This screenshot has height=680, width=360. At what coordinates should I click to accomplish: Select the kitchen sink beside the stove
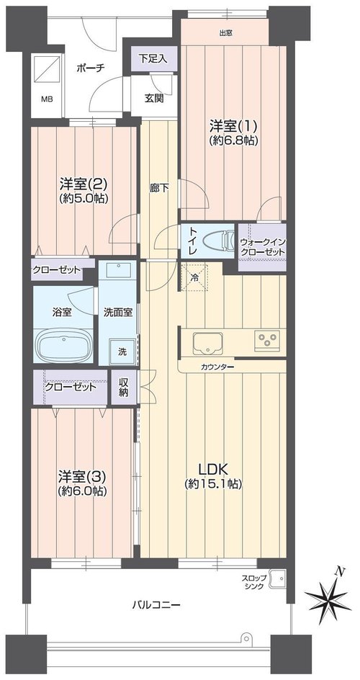tap(208, 343)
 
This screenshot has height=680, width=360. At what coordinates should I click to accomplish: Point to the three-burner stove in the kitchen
tap(267, 339)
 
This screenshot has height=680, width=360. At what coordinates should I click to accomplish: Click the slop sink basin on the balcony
tap(276, 578)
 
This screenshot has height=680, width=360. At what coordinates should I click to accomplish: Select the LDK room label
tap(213, 476)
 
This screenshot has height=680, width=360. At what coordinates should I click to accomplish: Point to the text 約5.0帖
tap(84, 198)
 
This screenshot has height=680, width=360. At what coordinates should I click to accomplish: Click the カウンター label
tap(217, 367)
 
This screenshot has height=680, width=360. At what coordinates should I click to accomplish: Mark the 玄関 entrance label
tap(154, 99)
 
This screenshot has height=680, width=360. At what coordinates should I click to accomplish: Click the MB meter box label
tap(47, 99)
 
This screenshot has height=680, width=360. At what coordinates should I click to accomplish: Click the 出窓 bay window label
tap(225, 32)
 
